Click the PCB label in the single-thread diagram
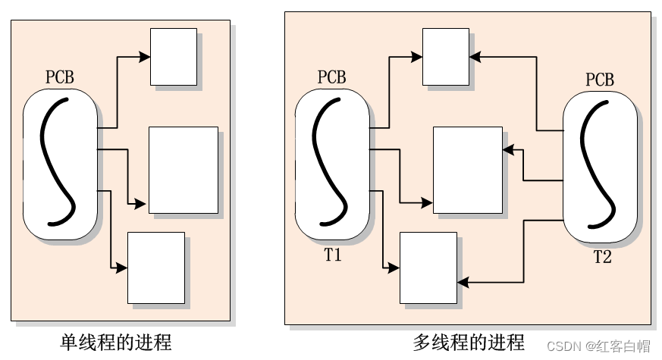pyautogui.click(x=60, y=77)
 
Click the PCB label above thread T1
pyautogui.click(x=331, y=77)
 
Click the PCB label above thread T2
pyautogui.click(x=600, y=80)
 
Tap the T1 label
pyautogui.click(x=332, y=255)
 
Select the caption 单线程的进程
pyautogui.click(x=116, y=343)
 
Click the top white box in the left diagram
pyautogui.click(x=174, y=57)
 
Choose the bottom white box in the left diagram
pyautogui.click(x=156, y=268)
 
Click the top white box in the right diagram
pyautogui.click(x=445, y=57)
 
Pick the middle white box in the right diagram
pyautogui.click(x=467, y=170)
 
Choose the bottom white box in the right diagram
pyautogui.click(x=428, y=268)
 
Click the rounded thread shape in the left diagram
pyautogui.click(x=61, y=163)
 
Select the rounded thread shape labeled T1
pyautogui.click(x=332, y=163)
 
